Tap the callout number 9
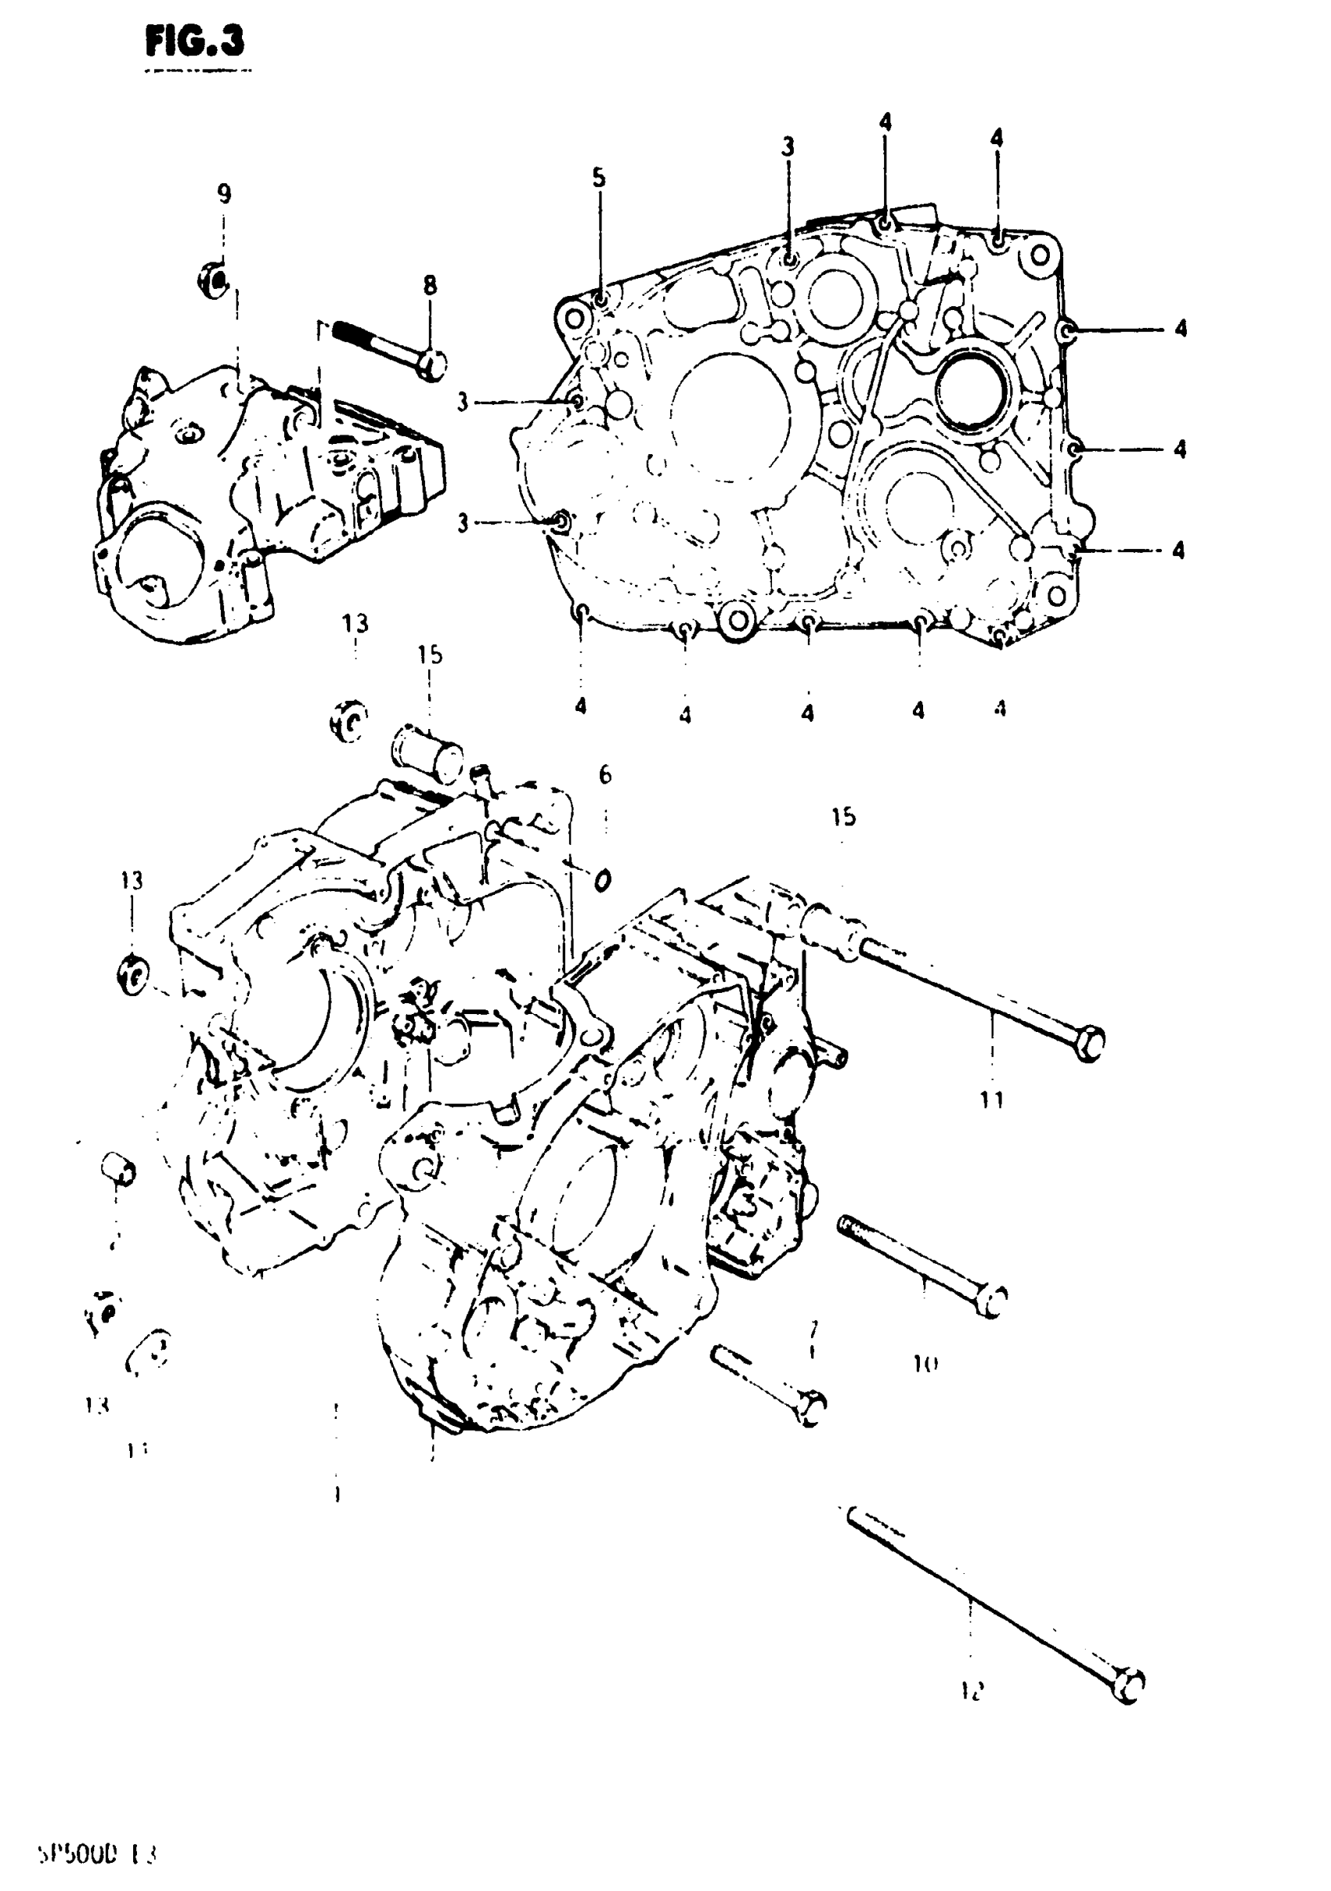(x=224, y=193)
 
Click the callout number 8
(x=430, y=286)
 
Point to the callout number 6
(x=605, y=774)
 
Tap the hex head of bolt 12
(x=1130, y=1683)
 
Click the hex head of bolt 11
(x=1089, y=1043)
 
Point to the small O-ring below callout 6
(x=602, y=880)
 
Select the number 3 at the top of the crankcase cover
(x=788, y=147)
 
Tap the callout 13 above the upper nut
(x=355, y=623)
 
